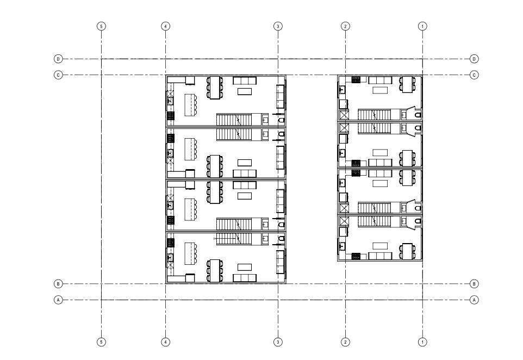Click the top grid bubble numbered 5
(101, 26)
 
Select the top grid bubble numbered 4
(166, 26)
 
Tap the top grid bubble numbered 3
(278, 26)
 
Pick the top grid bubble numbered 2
(345, 26)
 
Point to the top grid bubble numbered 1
(422, 26)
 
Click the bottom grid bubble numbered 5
(101, 342)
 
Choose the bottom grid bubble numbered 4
(166, 342)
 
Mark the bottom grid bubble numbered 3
(278, 342)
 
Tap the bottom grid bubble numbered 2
(345, 342)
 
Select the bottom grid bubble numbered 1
(422, 342)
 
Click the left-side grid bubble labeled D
(58, 59)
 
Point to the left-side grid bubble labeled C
(58, 75)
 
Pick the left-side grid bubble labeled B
(58, 284)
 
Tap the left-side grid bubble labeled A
(58, 300)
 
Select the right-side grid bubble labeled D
(474, 59)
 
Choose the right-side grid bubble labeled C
(474, 75)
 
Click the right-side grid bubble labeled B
(474, 284)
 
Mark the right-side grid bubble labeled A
(474, 300)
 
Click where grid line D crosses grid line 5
(101, 59)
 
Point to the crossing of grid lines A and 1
(422, 300)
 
